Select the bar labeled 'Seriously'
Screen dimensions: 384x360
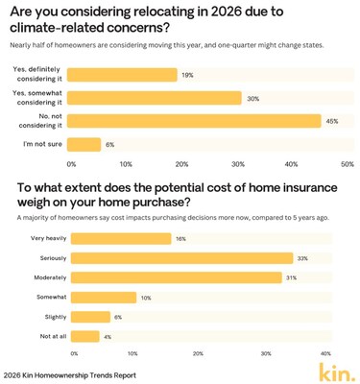(x=181, y=257)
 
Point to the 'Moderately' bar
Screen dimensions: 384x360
(x=178, y=276)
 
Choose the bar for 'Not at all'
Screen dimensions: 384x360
(x=86, y=336)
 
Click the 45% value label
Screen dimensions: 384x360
(x=332, y=121)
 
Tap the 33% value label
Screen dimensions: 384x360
(x=302, y=257)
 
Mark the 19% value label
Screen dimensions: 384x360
(x=188, y=75)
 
